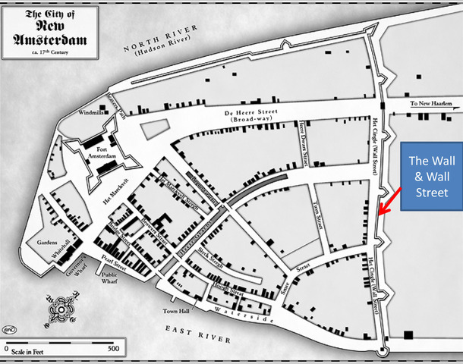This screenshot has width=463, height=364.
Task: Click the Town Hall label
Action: point(175,311)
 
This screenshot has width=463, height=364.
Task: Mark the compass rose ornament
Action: point(58,312)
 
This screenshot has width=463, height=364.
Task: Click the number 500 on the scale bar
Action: point(111,349)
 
